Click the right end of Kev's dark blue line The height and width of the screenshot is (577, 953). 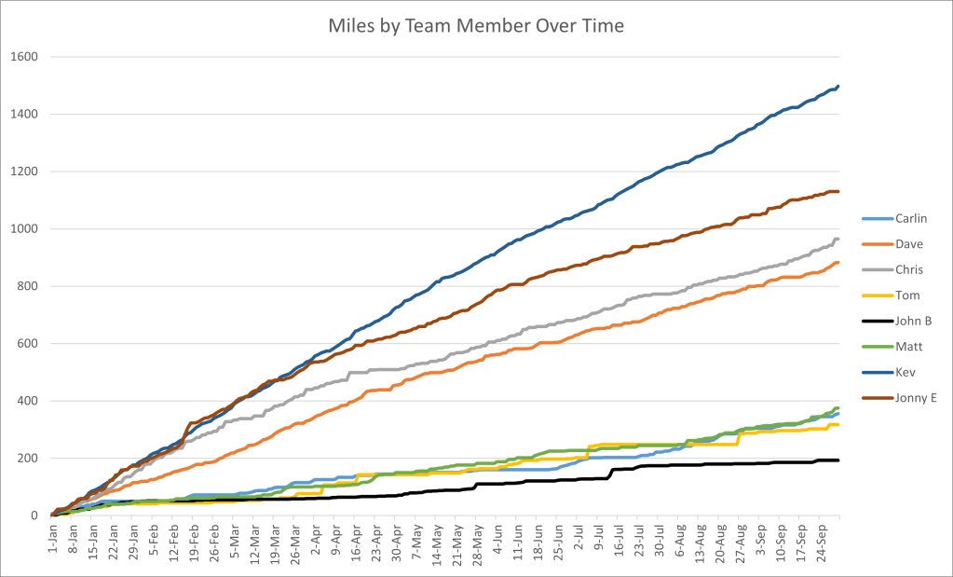(x=838, y=87)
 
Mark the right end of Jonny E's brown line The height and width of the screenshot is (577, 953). (x=838, y=192)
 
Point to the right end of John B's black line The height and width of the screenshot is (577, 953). (x=838, y=460)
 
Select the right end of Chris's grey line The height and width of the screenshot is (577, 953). (x=838, y=240)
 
